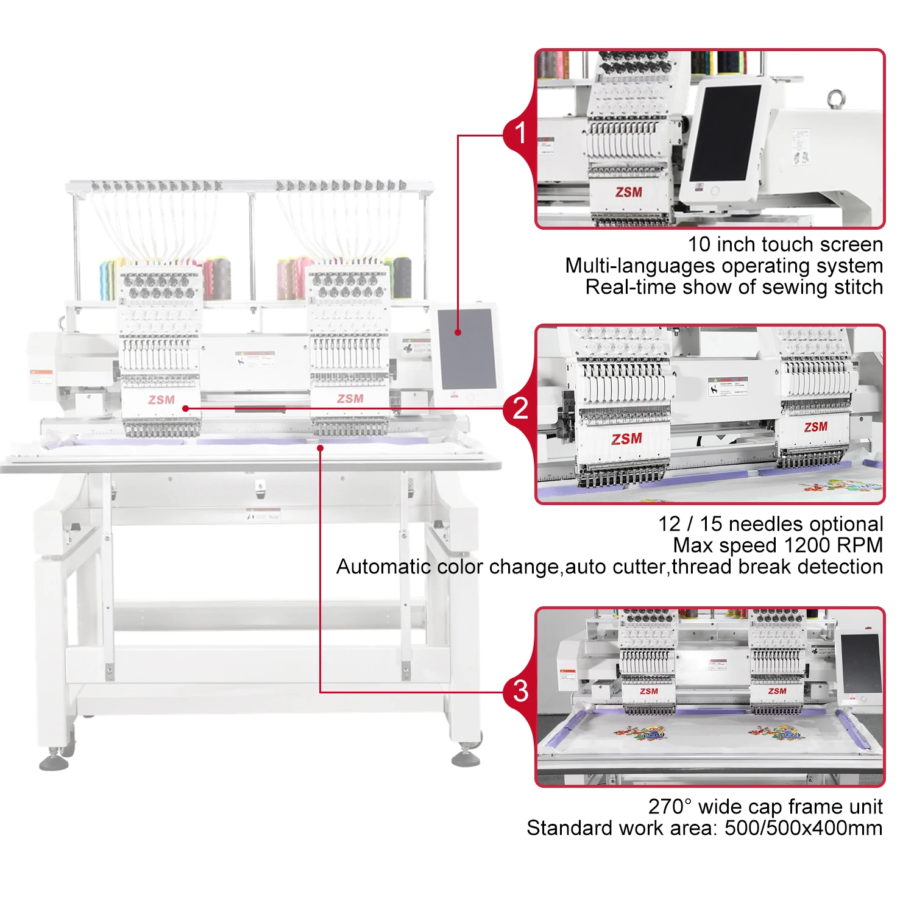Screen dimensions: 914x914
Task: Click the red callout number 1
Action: click(520, 133)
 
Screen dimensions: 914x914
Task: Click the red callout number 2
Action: click(520, 408)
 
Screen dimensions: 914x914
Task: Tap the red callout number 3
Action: click(520, 691)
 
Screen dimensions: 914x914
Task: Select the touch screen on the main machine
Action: click(467, 349)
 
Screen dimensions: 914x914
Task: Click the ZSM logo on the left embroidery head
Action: click(161, 400)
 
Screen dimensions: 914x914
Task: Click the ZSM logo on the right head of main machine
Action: click(350, 399)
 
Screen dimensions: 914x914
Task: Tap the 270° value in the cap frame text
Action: click(670, 806)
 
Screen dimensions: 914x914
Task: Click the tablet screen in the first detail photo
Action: click(725, 132)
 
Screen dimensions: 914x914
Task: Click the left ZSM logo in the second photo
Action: click(627, 439)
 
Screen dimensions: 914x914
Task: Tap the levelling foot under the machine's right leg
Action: click(466, 757)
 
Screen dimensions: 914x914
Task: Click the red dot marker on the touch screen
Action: click(458, 332)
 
